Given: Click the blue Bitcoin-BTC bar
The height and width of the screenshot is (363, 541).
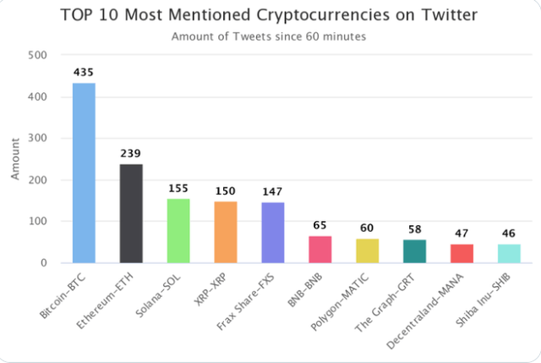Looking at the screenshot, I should point(84,173).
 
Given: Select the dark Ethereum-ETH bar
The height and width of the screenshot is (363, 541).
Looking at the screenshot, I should point(131,213).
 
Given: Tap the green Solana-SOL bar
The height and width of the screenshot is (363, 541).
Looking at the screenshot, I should point(178,231).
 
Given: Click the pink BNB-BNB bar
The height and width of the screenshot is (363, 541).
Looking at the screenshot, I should point(320,250).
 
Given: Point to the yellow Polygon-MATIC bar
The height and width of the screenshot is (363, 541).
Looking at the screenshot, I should point(368,250).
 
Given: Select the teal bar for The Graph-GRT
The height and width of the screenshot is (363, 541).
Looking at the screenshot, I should point(415,251).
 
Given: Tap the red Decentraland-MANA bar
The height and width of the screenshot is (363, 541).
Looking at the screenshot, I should point(462,253).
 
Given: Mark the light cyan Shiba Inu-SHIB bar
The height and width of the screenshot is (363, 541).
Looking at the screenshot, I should point(509,253).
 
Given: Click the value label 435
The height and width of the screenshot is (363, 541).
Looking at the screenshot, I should point(84,73).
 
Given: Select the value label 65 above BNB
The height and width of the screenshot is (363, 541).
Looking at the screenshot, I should point(320,226).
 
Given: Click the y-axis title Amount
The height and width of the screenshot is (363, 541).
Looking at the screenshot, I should point(14,159).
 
